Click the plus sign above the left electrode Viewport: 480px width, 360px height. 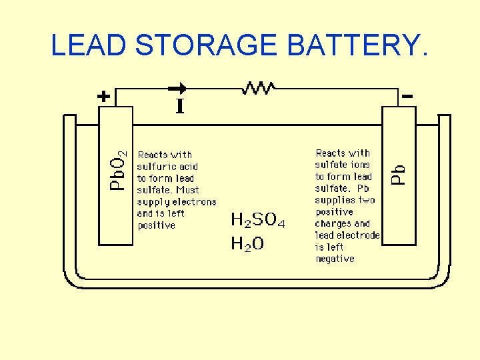click(x=103, y=96)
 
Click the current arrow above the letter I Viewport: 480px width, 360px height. click(x=178, y=87)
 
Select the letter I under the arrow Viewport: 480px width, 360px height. click(x=180, y=107)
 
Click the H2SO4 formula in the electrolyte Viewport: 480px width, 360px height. click(x=258, y=220)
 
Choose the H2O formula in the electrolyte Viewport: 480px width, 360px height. click(x=247, y=244)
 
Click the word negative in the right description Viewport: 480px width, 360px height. click(x=335, y=259)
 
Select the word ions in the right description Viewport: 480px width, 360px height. click(x=360, y=165)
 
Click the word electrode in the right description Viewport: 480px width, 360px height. click(x=360, y=235)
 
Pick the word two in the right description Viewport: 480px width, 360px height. click(x=366, y=200)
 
